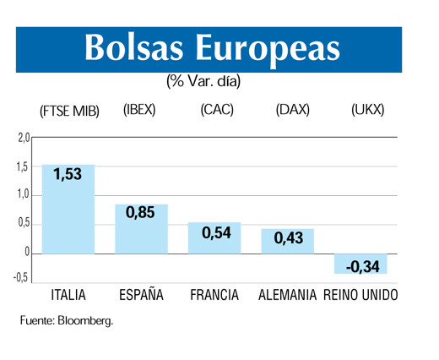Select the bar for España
(x=141, y=228)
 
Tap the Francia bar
(x=214, y=237)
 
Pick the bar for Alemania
(x=287, y=241)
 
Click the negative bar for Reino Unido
(x=360, y=263)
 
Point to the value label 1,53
(x=68, y=175)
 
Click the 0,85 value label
(x=141, y=213)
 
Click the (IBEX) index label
(x=139, y=110)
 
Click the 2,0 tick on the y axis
(x=23, y=138)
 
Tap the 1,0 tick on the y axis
(x=23, y=195)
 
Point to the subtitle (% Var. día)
(x=203, y=81)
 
